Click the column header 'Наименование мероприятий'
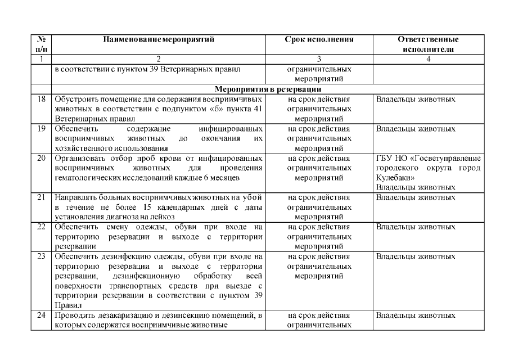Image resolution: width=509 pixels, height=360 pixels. (x=159, y=39)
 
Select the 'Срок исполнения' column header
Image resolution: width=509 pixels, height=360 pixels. (x=319, y=39)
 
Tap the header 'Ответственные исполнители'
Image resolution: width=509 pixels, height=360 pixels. (x=428, y=44)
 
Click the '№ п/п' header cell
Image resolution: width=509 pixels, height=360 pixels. (x=41, y=44)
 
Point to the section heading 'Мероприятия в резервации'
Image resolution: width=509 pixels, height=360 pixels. (x=268, y=89)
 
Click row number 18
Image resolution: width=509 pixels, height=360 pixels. (x=41, y=100)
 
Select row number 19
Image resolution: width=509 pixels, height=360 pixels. (x=41, y=129)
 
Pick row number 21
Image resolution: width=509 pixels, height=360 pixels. (x=41, y=197)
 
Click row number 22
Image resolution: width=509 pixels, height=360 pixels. (x=41, y=227)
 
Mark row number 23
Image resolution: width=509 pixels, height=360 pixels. (x=41, y=256)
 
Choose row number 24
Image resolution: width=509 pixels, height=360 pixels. (x=41, y=316)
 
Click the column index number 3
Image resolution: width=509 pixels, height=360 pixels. (x=319, y=59)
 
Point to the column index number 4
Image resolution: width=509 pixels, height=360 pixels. (x=428, y=59)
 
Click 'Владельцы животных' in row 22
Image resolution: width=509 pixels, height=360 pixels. (x=416, y=227)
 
